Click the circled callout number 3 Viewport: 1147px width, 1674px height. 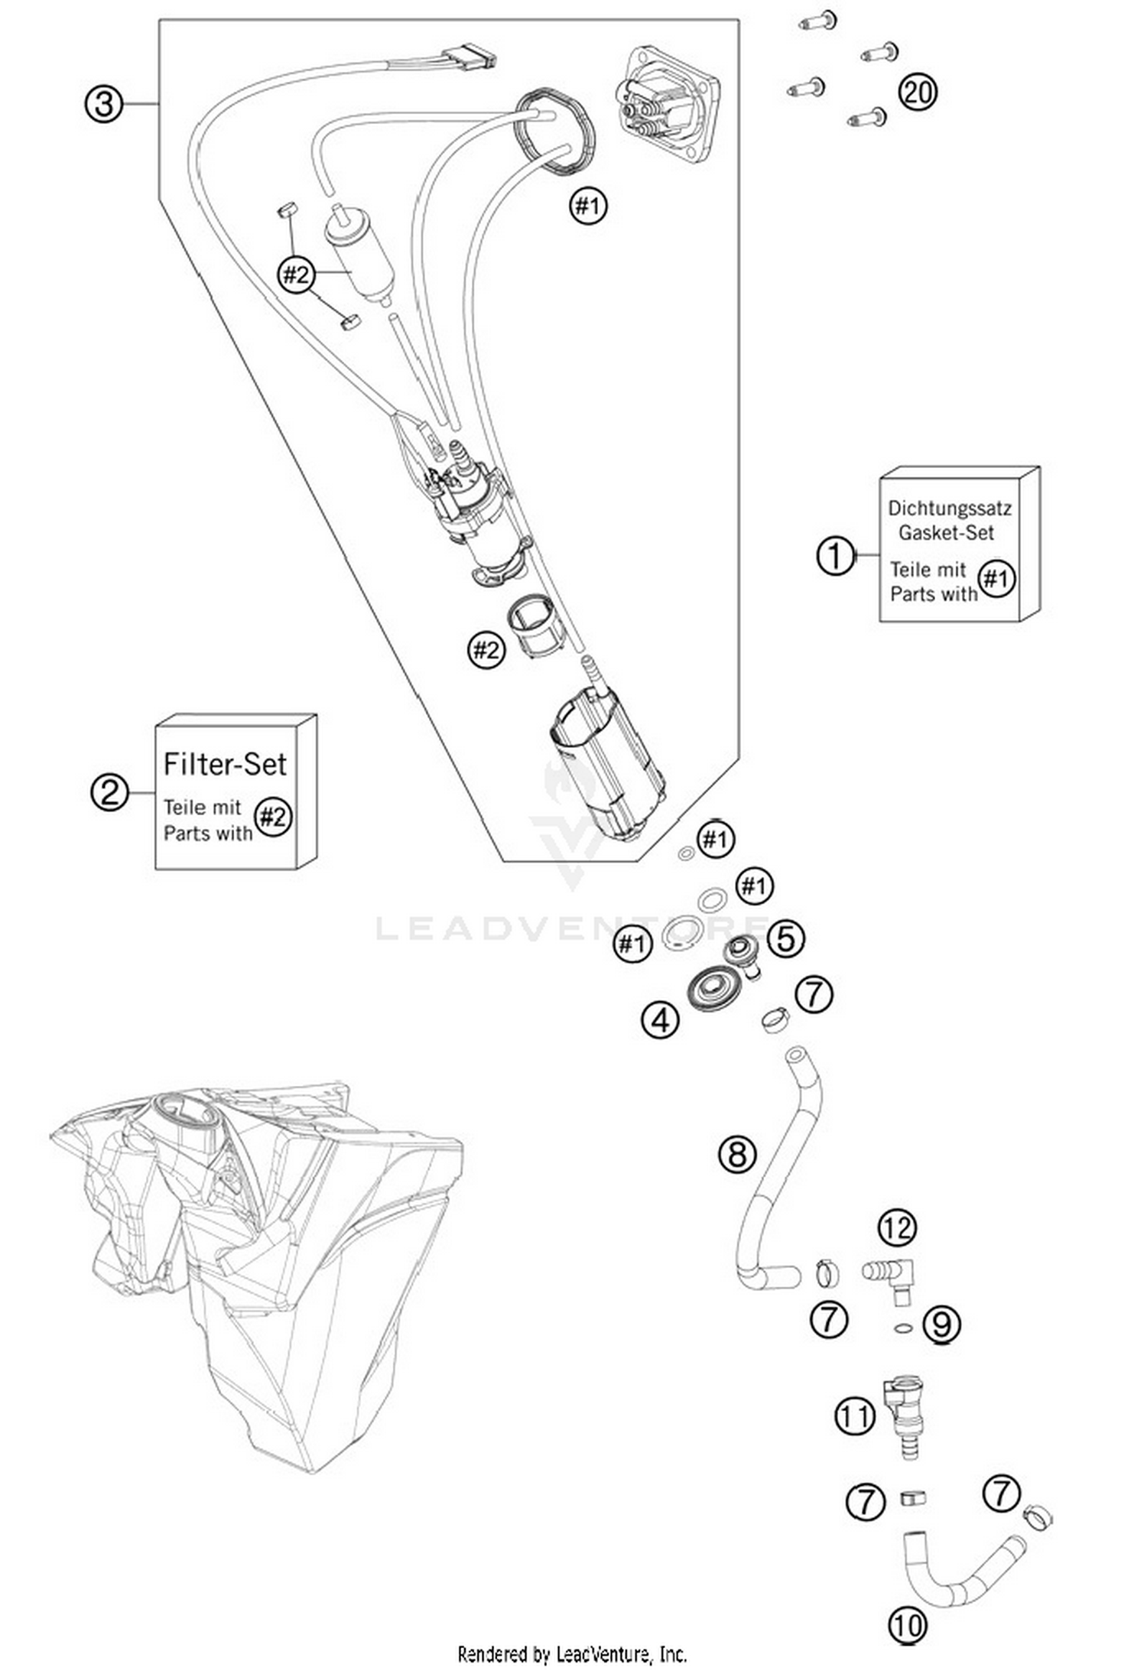pyautogui.click(x=103, y=102)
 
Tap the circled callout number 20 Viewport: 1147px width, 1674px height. pyautogui.click(x=917, y=93)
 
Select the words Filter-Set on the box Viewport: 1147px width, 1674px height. pyautogui.click(x=225, y=764)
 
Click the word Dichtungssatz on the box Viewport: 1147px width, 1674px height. pyautogui.click(x=949, y=508)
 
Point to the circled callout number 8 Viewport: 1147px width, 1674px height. pyautogui.click(x=737, y=1153)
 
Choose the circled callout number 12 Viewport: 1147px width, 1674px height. pyautogui.click(x=897, y=1227)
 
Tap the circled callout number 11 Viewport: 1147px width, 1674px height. pyautogui.click(x=854, y=1416)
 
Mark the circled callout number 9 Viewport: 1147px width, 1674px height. pyautogui.click(x=941, y=1324)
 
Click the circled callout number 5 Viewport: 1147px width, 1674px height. pyautogui.click(x=786, y=938)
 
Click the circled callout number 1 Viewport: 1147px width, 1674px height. pyautogui.click(x=835, y=555)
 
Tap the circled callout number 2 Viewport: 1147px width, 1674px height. pyautogui.click(x=109, y=791)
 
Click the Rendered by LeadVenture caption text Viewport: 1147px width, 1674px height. pyautogui.click(x=572, y=1654)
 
